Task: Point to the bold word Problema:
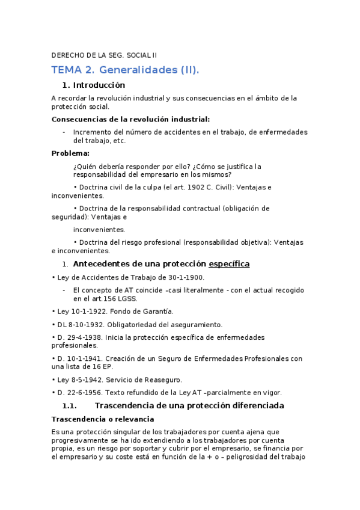coord(70,153)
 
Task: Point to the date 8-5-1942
coord(85,379)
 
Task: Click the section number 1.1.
coord(70,406)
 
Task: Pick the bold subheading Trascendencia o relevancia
coord(103,419)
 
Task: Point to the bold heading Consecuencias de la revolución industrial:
coord(130,119)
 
